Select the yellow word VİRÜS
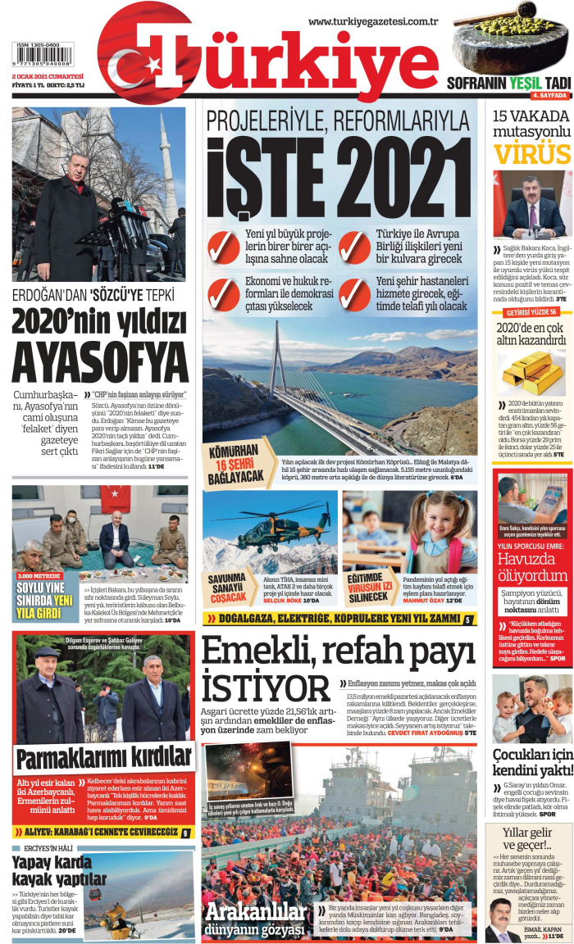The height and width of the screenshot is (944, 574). coord(531,154)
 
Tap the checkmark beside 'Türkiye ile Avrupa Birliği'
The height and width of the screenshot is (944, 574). coord(354,247)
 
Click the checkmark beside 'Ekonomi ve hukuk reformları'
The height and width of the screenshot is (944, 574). coord(223,293)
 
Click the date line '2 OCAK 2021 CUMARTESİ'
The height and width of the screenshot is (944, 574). coord(48,75)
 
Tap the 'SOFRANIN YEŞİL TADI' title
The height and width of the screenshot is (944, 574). coord(508,83)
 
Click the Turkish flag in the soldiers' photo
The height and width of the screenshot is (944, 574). coord(116,498)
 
